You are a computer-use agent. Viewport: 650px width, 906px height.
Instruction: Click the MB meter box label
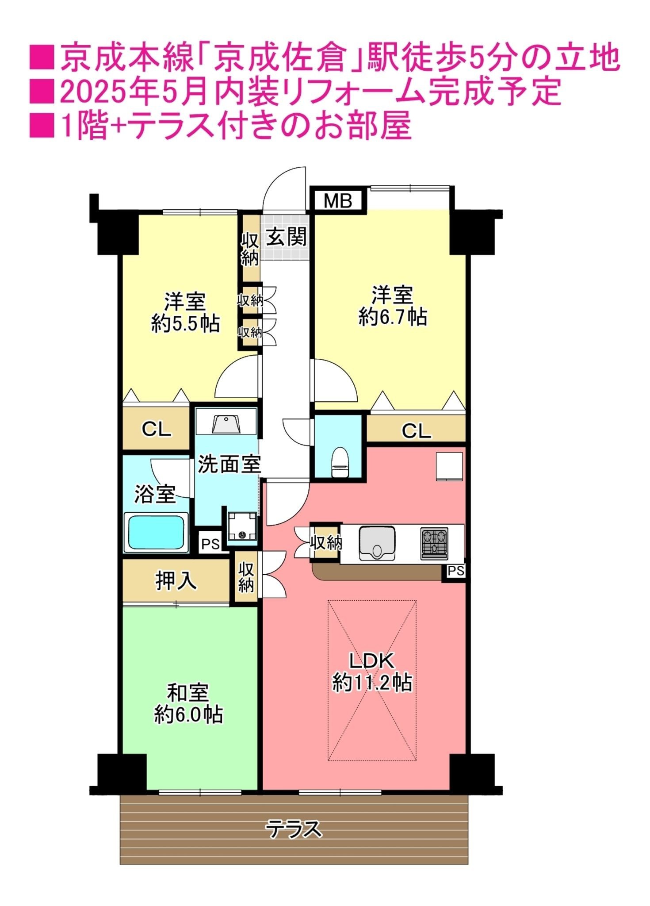point(338,201)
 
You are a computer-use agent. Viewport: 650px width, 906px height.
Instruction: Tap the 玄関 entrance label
point(286,237)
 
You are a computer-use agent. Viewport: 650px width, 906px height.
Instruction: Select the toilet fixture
point(340,462)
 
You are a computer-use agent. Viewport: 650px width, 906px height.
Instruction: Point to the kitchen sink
point(377,543)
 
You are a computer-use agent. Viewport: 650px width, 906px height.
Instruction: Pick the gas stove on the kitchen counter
point(434,543)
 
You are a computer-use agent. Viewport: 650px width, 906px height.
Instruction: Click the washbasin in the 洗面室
point(226,424)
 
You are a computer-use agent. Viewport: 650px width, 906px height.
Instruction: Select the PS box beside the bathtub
point(210,544)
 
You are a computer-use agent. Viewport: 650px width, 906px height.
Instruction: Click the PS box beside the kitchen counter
point(456,571)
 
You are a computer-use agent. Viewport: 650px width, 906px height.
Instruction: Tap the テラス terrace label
point(294,829)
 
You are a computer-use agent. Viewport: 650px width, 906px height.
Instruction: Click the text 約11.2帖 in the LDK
point(372,683)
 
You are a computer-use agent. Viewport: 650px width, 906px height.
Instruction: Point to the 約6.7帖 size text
point(392,317)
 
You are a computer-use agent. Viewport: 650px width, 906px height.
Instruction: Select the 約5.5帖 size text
point(185,323)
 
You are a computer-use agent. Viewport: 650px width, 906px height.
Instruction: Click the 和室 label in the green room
point(188,693)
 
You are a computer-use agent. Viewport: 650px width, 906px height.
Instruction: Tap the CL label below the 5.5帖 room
point(156,429)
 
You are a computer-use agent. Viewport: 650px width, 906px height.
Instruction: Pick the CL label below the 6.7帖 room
point(416,430)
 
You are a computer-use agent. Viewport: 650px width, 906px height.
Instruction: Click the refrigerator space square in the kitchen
point(449,466)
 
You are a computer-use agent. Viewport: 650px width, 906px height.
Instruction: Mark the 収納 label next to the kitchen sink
point(326,542)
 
